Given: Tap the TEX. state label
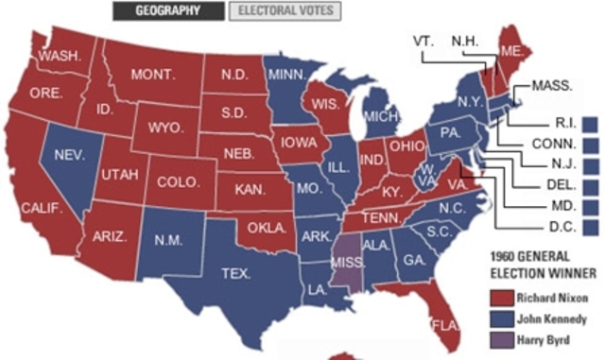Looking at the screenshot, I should click(236, 274).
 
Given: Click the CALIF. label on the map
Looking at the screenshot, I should click(42, 206).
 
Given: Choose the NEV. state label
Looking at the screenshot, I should click(69, 153).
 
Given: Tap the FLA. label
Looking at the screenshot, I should click(445, 326).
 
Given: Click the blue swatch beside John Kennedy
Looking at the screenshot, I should click(498, 318).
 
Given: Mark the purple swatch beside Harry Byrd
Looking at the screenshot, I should click(498, 339).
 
